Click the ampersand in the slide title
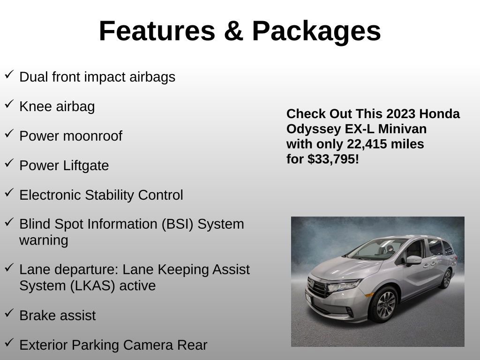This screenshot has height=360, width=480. (233, 31)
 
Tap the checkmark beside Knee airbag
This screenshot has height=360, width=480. (9, 105)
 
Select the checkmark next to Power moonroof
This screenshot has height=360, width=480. (9, 134)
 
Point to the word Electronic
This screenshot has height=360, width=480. (50, 195)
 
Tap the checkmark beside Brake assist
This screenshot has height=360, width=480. (9, 314)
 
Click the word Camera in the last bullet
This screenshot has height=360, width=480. (144, 345)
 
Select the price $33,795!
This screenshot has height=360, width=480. (333, 159)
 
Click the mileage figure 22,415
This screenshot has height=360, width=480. (367, 144)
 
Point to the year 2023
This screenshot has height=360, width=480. (401, 114)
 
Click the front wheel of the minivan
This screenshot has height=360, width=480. (385, 304)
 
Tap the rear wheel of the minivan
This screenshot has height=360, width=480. (446, 278)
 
